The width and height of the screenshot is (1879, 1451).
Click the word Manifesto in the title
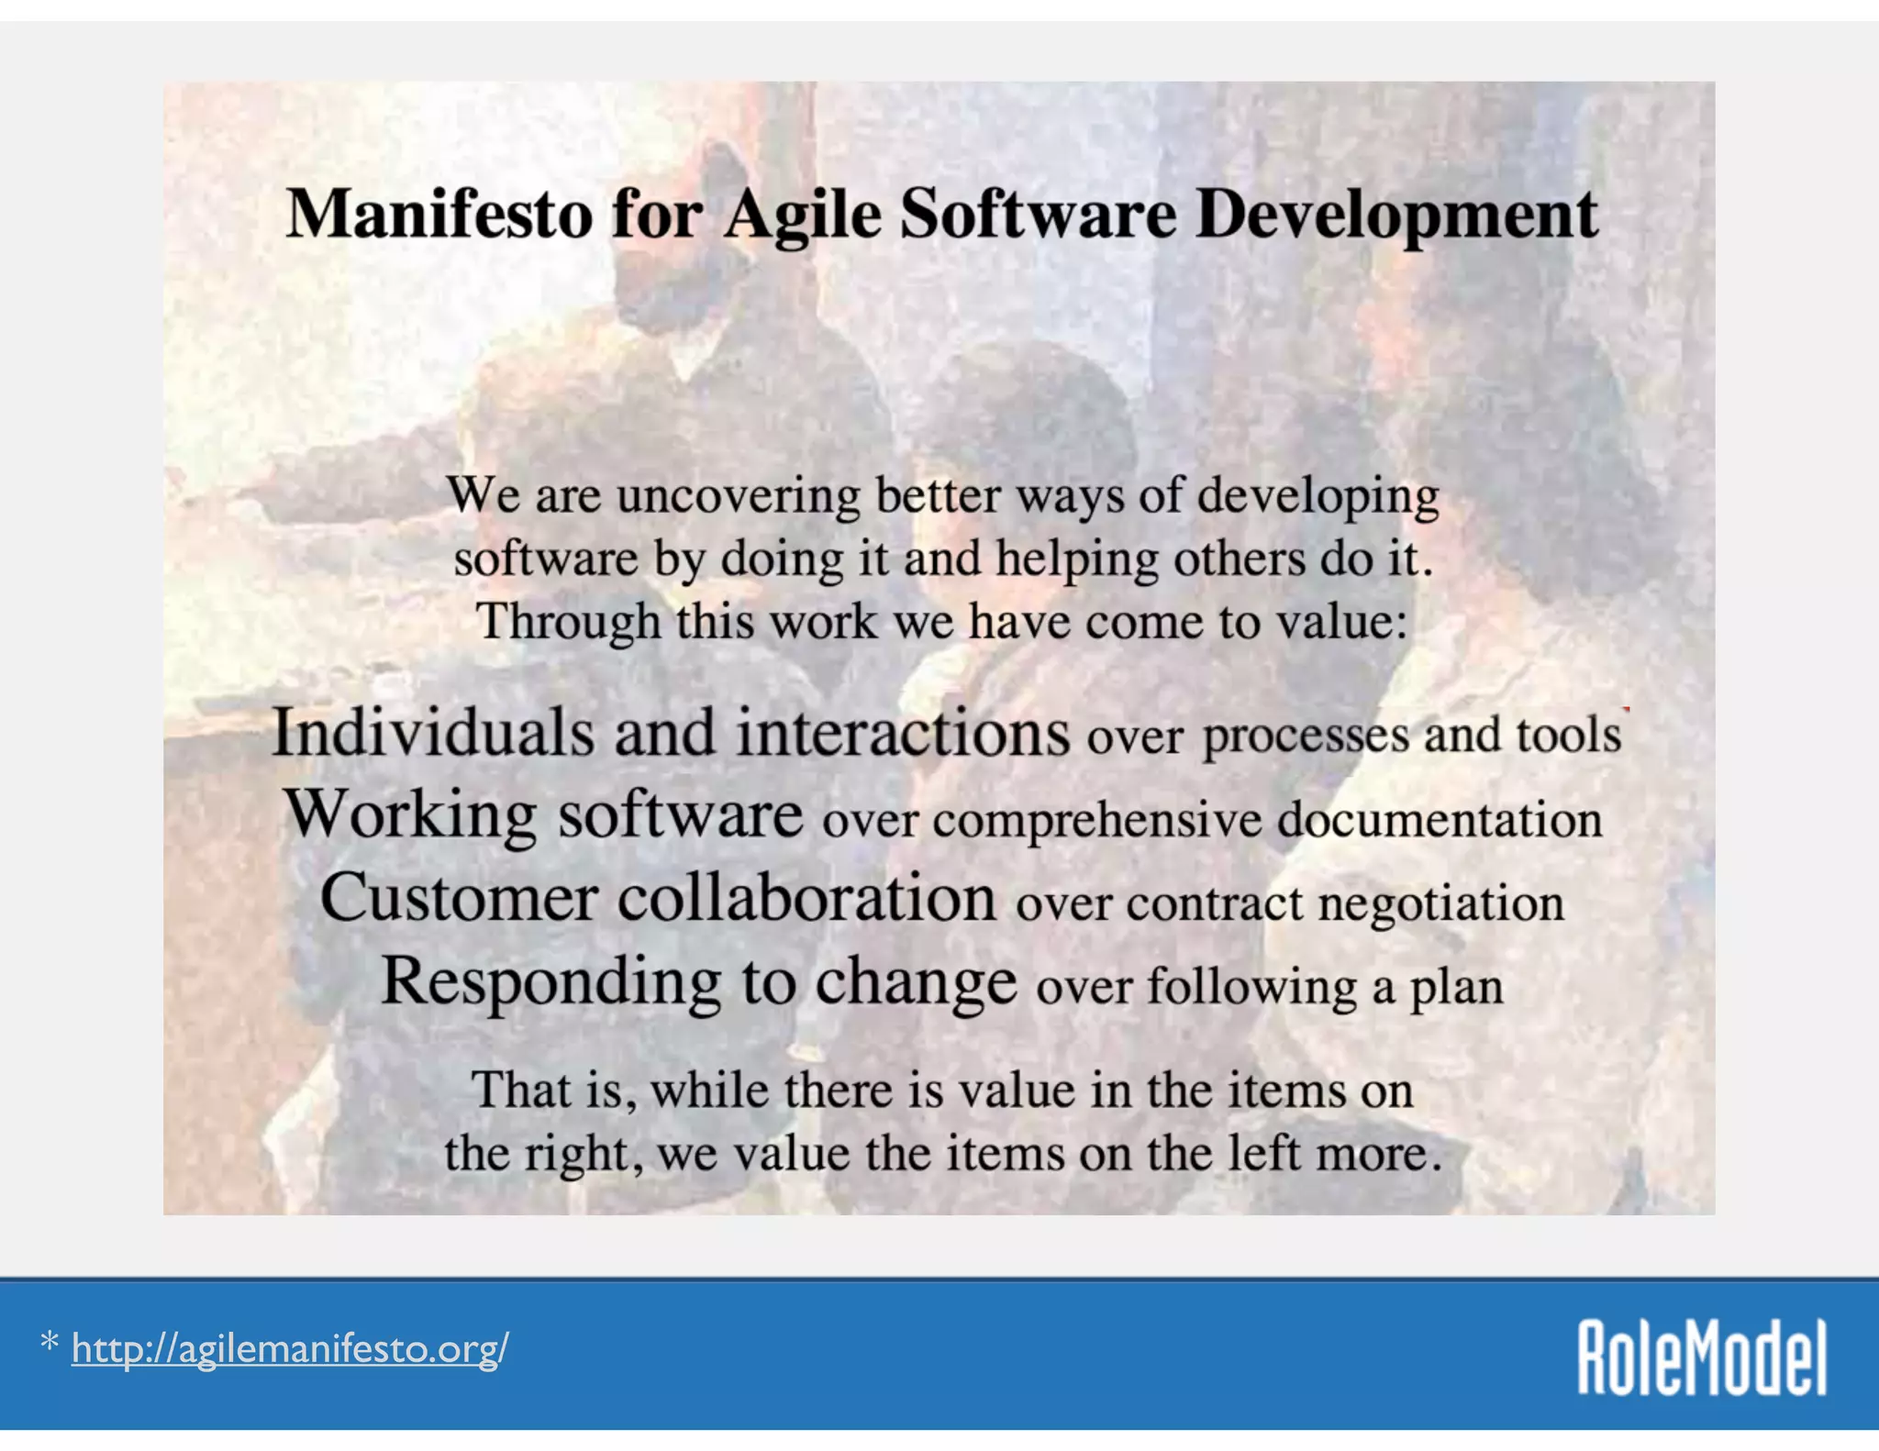[x=439, y=214]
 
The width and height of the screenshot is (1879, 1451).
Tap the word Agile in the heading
[x=802, y=216]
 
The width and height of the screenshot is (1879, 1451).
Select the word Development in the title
[x=1396, y=216]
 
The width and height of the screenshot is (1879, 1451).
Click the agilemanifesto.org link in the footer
[x=290, y=1349]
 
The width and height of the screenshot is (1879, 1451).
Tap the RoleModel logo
[x=1701, y=1357]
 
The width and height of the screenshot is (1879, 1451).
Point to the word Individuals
[x=433, y=733]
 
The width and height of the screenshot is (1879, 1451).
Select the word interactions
[x=903, y=733]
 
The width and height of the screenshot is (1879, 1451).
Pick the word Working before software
[x=410, y=814]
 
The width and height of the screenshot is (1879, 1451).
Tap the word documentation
[x=1440, y=819]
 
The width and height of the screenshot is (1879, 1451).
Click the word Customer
[x=458, y=898]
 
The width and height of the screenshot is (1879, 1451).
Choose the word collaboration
[x=806, y=898]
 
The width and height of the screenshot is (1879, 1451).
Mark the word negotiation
[x=1440, y=903]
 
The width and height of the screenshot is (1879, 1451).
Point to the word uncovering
[x=738, y=496]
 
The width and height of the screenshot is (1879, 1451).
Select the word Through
[x=568, y=622]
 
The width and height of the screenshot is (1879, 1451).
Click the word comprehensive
[x=1097, y=819]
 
